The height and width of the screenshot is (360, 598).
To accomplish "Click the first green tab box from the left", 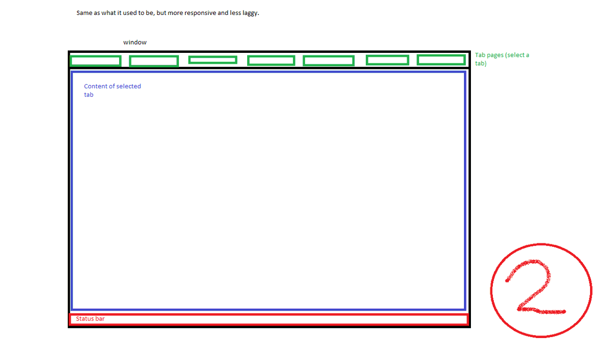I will tap(95, 61).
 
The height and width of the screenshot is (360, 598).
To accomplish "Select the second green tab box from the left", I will tap(153, 61).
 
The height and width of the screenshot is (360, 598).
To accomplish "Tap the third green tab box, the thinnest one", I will tap(212, 60).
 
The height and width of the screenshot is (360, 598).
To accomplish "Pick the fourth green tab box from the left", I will tap(271, 60).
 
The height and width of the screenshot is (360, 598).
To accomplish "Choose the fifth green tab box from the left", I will tap(328, 61).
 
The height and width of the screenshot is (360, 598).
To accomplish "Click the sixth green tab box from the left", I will tap(387, 60).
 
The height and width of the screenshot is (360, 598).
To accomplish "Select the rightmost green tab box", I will tap(441, 60).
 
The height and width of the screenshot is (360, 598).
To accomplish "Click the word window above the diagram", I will tap(135, 42).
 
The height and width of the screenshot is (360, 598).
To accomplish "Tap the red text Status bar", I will tap(90, 319).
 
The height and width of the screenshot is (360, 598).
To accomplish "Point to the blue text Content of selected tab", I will tap(112, 90).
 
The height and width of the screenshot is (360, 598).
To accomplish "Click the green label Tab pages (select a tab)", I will tap(501, 59).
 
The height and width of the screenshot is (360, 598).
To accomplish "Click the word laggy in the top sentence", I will tap(250, 13).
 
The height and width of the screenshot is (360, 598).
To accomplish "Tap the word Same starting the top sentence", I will tap(84, 13).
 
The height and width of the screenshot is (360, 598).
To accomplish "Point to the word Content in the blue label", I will tap(95, 86).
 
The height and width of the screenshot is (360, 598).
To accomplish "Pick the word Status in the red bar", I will tap(85, 319).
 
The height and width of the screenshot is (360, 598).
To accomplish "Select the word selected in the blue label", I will tap(129, 86).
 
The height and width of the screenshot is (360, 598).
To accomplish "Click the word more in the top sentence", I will tap(175, 13).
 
